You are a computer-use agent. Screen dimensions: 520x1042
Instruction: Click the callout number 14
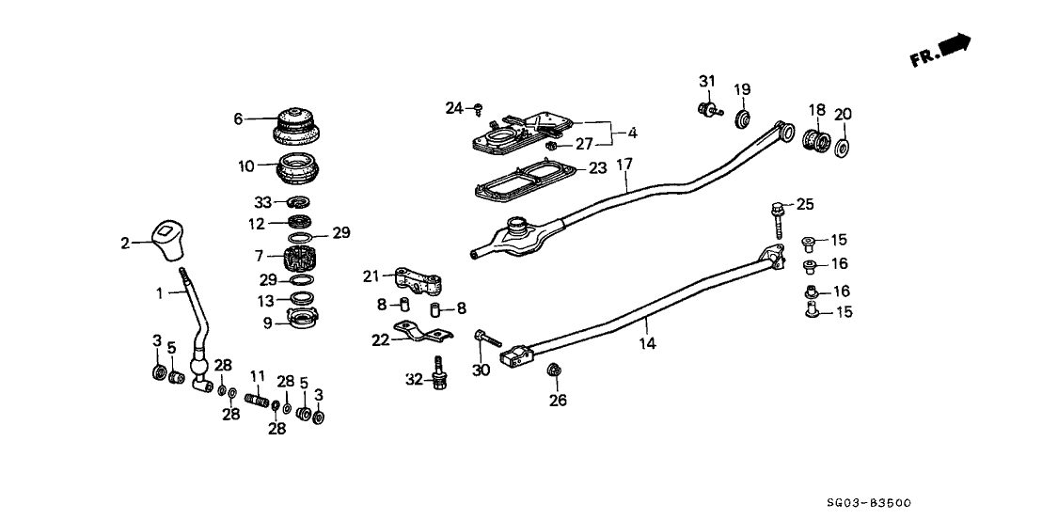tap(647, 345)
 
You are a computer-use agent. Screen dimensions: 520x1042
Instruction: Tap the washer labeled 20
tap(843, 148)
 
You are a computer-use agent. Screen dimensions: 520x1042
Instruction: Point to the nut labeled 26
tap(553, 369)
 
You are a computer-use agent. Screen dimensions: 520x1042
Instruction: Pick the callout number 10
tap(245, 166)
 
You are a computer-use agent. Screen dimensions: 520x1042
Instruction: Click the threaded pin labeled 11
tap(259, 402)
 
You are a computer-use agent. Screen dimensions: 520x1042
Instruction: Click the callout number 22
tap(379, 339)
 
